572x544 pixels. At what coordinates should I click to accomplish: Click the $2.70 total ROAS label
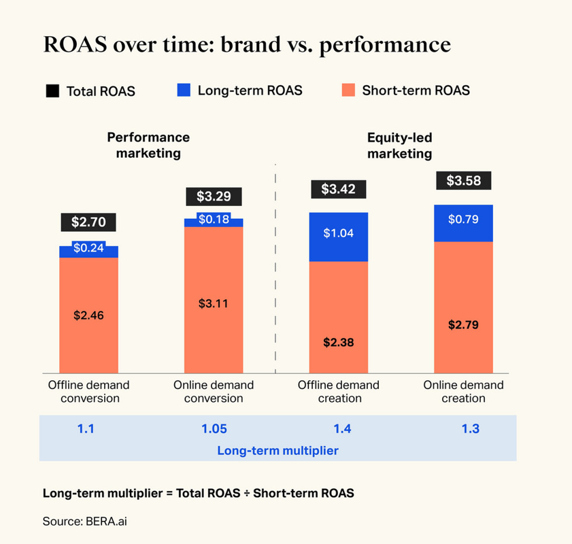click(88, 222)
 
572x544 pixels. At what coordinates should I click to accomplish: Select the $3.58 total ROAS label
click(463, 181)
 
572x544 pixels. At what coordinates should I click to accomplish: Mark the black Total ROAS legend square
click(52, 90)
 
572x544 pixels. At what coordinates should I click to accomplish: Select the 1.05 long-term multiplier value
click(214, 429)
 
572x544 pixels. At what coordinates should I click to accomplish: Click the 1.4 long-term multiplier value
click(339, 429)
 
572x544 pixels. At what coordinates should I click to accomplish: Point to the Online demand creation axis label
click(463, 392)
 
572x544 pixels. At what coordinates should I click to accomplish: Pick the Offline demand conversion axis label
click(88, 392)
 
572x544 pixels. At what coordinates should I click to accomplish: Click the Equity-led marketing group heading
click(399, 146)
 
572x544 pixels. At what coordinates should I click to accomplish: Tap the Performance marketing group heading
click(148, 146)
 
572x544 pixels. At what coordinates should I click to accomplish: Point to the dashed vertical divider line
click(275, 272)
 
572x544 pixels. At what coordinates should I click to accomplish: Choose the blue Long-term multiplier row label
click(277, 450)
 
